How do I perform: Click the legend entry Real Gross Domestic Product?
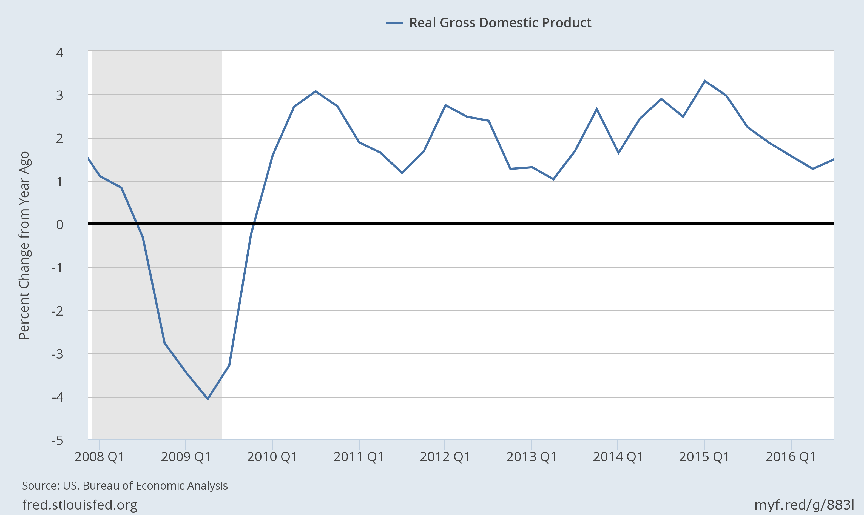[500, 23]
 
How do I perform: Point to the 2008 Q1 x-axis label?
[99, 457]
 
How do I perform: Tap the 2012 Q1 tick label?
[445, 457]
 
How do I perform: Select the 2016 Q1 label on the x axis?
[791, 457]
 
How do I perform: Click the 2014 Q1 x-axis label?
[618, 457]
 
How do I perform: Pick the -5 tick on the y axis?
[58, 440]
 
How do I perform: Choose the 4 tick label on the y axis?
[60, 52]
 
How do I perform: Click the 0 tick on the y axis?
[60, 225]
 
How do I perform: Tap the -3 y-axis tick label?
[58, 354]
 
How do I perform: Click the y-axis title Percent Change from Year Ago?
[24, 245]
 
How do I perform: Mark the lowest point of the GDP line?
[208, 399]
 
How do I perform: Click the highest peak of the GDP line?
[705, 81]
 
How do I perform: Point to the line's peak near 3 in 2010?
[315, 91]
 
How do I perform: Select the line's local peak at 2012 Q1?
[445, 105]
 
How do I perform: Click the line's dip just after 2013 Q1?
[553, 179]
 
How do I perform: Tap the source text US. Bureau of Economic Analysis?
[125, 485]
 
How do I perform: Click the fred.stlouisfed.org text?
[80, 505]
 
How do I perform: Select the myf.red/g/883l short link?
[804, 505]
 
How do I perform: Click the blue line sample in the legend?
[394, 23]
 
